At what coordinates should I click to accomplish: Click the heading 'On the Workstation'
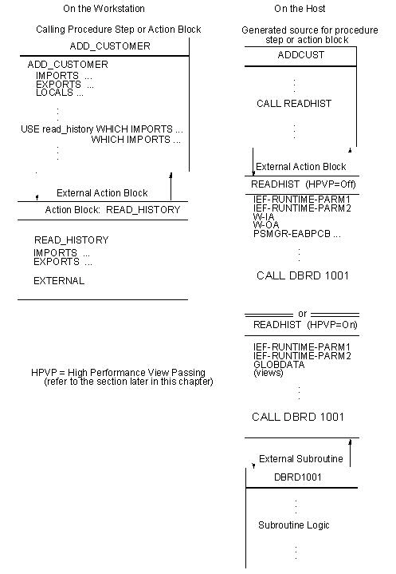coord(104,9)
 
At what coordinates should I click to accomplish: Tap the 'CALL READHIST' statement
coord(294,104)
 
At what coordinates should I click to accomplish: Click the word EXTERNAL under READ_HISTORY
coord(58,281)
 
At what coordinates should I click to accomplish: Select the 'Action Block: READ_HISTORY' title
coord(112,210)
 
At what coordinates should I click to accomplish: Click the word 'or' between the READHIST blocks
coord(302,313)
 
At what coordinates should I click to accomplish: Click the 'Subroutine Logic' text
coord(293,525)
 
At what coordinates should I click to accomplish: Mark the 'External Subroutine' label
coord(300,459)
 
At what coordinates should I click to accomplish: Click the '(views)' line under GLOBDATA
coord(267,373)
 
